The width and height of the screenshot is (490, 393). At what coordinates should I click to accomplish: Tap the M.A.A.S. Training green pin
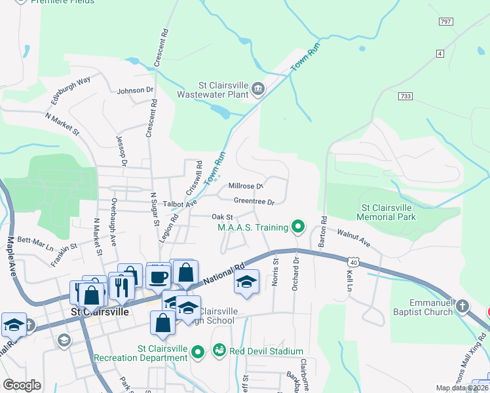tap(299, 227)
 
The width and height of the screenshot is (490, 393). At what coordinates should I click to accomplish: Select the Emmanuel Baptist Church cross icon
tap(462, 306)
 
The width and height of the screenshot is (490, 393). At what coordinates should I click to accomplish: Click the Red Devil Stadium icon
tap(219, 351)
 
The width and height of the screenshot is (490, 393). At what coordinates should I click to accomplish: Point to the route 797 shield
tap(446, 22)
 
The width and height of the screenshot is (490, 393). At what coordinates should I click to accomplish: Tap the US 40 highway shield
tap(354, 261)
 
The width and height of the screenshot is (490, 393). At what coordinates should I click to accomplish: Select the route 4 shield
tap(440, 52)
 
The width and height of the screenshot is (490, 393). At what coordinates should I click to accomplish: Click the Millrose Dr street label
tap(246, 186)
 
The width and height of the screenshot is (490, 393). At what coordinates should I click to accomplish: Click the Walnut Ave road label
tap(354, 238)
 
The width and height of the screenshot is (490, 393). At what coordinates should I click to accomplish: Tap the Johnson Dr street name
tap(135, 90)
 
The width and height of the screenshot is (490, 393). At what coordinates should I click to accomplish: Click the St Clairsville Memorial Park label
tap(386, 212)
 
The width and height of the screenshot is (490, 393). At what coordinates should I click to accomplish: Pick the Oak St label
tap(222, 217)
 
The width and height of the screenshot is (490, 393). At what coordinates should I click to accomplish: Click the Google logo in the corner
tap(22, 385)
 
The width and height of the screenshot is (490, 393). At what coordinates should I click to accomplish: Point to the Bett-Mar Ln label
tap(35, 244)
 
